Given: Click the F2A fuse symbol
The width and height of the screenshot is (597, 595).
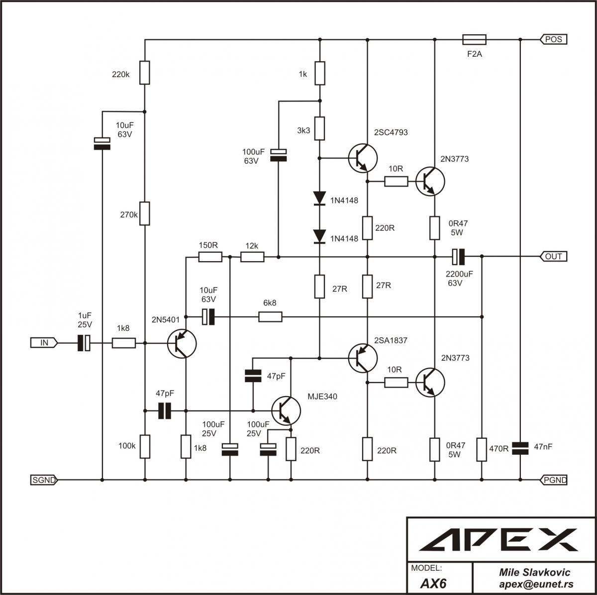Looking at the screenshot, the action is pyautogui.click(x=474, y=40).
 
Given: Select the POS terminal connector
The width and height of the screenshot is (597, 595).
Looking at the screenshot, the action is pyautogui.click(x=554, y=39).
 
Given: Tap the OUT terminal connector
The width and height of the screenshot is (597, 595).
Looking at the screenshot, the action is pyautogui.click(x=554, y=256).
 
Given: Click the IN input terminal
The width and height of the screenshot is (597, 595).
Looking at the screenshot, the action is pyautogui.click(x=44, y=342).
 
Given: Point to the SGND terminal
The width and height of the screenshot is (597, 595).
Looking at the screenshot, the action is pyautogui.click(x=44, y=480).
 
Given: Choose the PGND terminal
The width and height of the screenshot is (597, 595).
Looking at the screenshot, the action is pyautogui.click(x=554, y=480).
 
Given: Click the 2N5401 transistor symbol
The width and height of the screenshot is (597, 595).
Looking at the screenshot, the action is pyautogui.click(x=182, y=343).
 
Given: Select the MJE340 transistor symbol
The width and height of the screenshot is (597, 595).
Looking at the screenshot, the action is pyautogui.click(x=286, y=410).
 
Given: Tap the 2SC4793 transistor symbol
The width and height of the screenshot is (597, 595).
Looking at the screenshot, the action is pyautogui.click(x=363, y=158).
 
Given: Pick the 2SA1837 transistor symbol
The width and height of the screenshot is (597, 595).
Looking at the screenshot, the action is pyautogui.click(x=363, y=358).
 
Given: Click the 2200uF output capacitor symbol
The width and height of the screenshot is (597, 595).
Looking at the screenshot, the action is pyautogui.click(x=458, y=257).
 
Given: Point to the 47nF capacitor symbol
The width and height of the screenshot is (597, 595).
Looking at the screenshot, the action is pyautogui.click(x=520, y=448).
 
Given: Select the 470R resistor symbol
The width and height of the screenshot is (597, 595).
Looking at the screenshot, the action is pyautogui.click(x=482, y=449).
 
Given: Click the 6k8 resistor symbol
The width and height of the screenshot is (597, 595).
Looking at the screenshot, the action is pyautogui.click(x=270, y=317).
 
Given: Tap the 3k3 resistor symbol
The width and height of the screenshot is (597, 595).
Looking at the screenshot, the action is pyautogui.click(x=320, y=129).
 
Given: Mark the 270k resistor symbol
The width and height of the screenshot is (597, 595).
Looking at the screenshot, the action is pyautogui.click(x=145, y=213).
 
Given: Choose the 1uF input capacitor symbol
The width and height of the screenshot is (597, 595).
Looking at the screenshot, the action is pyautogui.click(x=84, y=343).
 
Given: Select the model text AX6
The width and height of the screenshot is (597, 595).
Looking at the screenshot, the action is pyautogui.click(x=433, y=584).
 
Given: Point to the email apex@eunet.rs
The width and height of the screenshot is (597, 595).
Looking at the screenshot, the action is pyautogui.click(x=536, y=584).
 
